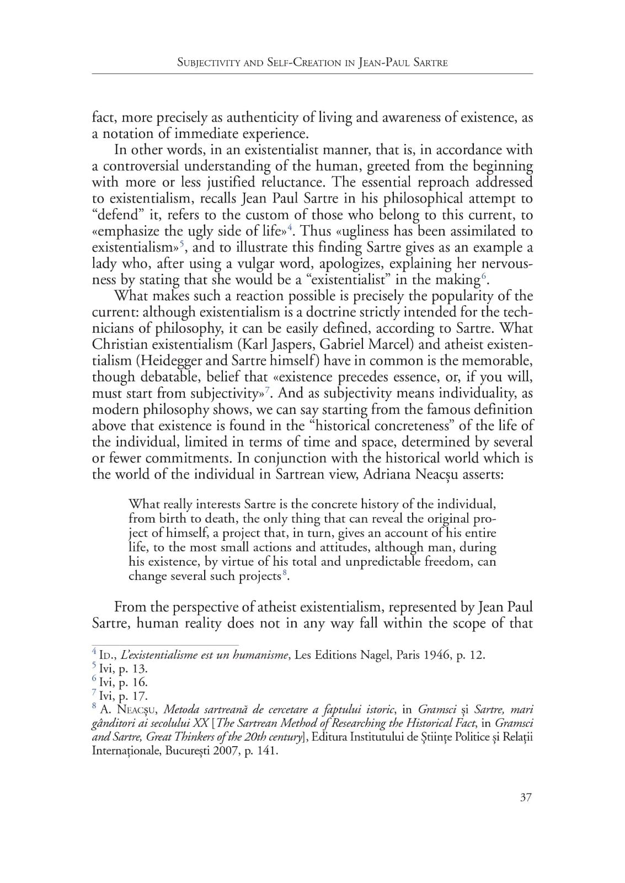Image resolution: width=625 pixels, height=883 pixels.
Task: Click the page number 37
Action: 526,797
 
